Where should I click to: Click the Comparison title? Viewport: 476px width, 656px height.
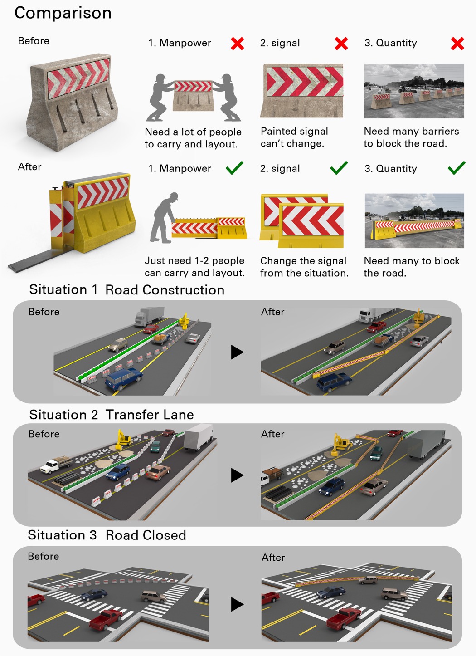[x=63, y=13]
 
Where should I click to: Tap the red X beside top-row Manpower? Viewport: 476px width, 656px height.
[x=237, y=44]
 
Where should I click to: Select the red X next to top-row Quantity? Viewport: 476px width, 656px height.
[x=457, y=44]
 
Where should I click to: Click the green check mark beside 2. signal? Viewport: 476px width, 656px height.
[x=339, y=168]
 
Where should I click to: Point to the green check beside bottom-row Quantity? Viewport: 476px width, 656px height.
[x=456, y=168]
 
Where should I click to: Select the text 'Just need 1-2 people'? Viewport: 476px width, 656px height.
[x=194, y=261]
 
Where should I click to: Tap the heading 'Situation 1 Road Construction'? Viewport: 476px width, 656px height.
[x=126, y=290]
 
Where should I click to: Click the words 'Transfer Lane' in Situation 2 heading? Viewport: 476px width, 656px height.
[x=149, y=415]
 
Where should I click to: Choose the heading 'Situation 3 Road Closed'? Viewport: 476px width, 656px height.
[x=107, y=535]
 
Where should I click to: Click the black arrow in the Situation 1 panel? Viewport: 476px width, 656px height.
[x=237, y=352]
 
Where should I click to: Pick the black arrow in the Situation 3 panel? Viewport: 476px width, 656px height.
[x=237, y=604]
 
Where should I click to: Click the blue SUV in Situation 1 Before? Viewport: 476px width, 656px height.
[x=123, y=379]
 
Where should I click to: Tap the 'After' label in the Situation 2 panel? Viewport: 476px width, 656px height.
[x=272, y=434]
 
